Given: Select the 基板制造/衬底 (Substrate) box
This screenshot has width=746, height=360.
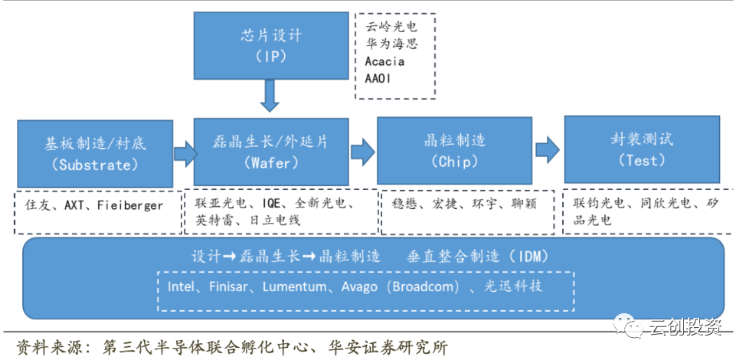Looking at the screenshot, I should pos(95,152).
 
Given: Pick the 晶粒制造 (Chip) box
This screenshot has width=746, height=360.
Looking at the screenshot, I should pos(454,151).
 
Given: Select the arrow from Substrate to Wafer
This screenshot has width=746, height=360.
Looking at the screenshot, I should pos(185,153).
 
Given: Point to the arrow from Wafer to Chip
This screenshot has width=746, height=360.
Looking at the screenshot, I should pos(364,150).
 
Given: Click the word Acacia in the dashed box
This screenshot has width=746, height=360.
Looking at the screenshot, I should pos(384,61).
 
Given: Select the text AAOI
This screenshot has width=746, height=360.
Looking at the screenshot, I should pos(379,78).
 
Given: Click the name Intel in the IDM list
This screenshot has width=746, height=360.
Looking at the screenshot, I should pos(182,286).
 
